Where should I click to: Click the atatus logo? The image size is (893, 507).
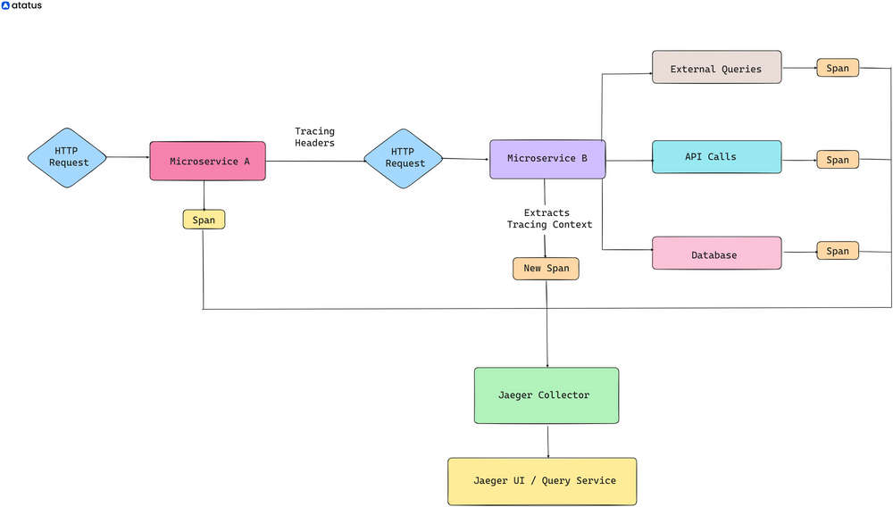point(21,5)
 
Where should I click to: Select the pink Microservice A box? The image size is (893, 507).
point(207,161)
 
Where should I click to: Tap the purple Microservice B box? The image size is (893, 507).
point(547,159)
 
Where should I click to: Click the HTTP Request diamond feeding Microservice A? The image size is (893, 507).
point(68,157)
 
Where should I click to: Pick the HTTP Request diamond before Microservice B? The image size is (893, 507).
point(404,158)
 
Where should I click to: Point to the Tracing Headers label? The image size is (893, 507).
point(314,137)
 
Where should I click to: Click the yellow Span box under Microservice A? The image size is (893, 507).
point(204,220)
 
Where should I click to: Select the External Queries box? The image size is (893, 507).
point(716,68)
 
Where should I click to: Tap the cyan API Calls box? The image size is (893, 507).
point(716,156)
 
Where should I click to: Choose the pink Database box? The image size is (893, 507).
point(716,253)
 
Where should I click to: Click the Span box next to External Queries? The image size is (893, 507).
point(837,68)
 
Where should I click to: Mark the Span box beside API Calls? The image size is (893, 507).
point(837,160)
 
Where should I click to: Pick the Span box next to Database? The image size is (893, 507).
point(837,251)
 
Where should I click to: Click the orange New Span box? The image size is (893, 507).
point(546,269)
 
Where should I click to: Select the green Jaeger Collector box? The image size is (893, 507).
point(546,395)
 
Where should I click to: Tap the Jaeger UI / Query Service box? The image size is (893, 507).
point(542,481)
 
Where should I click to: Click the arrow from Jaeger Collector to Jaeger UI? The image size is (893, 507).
point(547,441)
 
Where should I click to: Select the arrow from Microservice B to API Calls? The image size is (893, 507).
point(629,161)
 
